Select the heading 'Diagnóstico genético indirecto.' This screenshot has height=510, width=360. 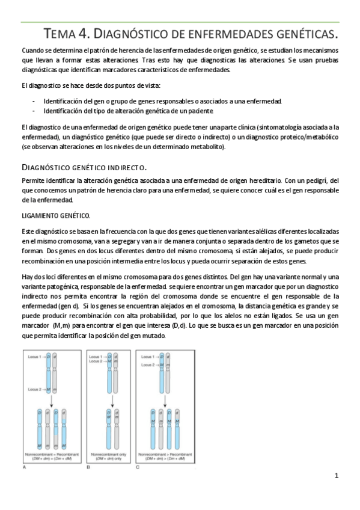(x=84, y=167)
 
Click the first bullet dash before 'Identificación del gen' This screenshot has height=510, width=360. (x=34, y=101)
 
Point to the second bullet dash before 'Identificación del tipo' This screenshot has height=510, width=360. (x=34, y=111)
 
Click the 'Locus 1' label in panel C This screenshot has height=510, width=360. (x=147, y=357)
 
